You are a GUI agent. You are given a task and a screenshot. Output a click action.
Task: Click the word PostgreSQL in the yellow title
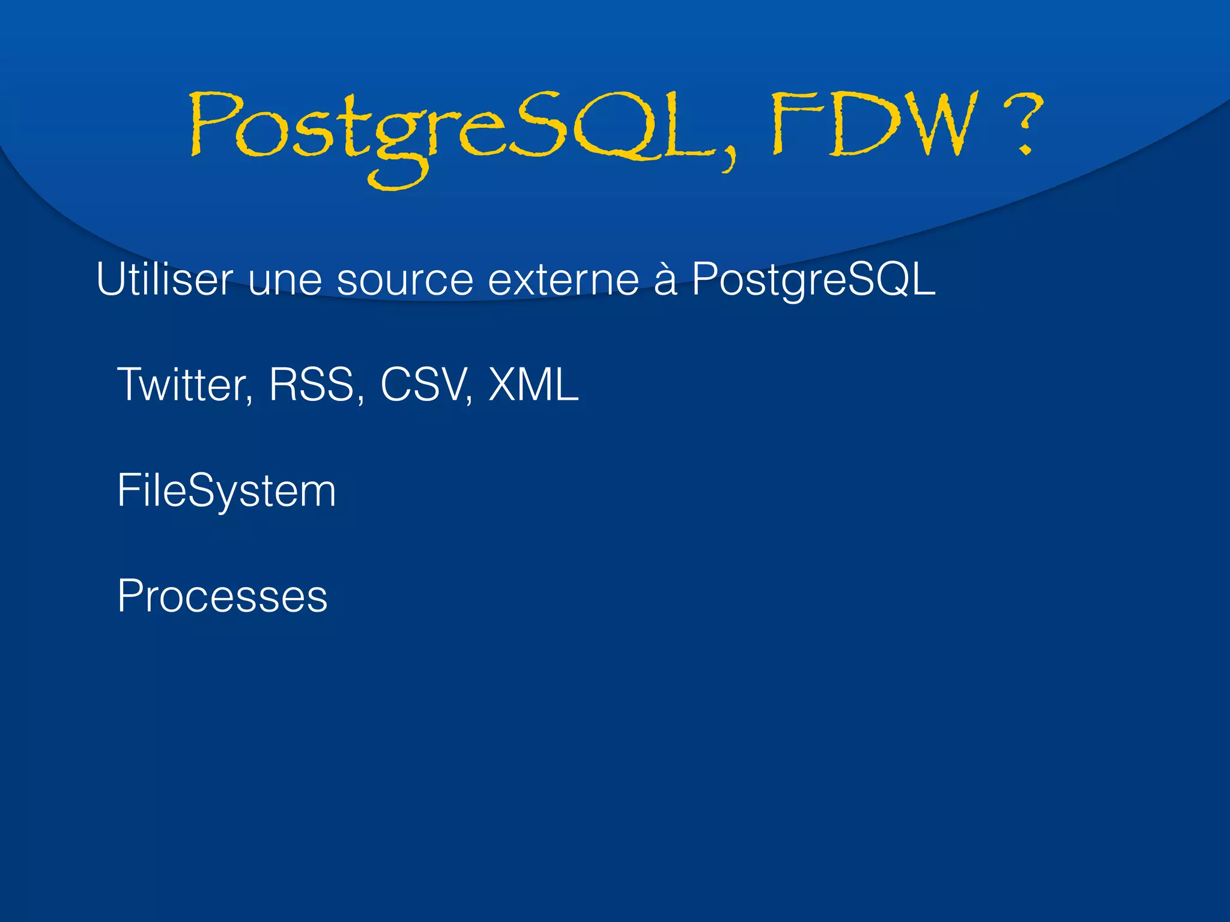[450, 129]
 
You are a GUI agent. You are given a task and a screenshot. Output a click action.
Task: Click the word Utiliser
[164, 279]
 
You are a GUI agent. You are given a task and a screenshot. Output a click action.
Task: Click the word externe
[563, 280]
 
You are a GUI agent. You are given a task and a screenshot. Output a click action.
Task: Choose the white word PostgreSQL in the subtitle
[813, 280]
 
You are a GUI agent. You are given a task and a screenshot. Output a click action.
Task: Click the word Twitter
[185, 385]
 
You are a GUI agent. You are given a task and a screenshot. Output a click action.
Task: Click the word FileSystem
[226, 491]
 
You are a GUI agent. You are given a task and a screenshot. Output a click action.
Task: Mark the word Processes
[223, 597]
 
